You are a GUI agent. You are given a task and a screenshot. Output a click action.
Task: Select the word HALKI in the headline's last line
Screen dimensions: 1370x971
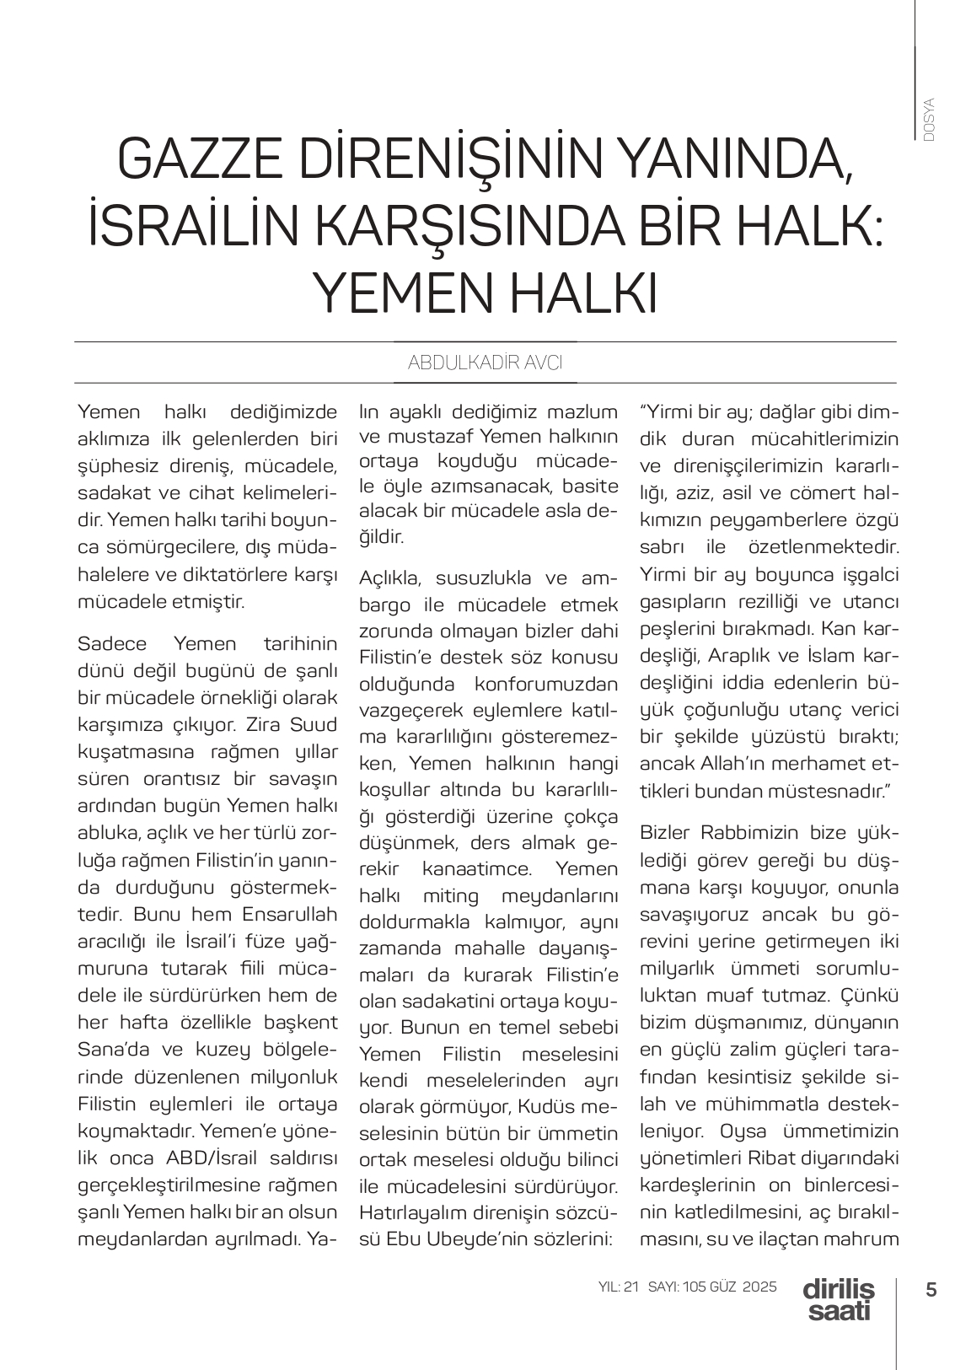tap(580, 293)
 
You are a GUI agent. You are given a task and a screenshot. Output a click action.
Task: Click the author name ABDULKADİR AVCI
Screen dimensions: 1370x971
tap(485, 363)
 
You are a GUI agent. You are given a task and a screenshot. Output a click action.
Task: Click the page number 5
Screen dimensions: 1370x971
tap(931, 1290)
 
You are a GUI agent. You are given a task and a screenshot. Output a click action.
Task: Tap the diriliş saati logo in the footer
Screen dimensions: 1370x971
tap(839, 1299)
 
